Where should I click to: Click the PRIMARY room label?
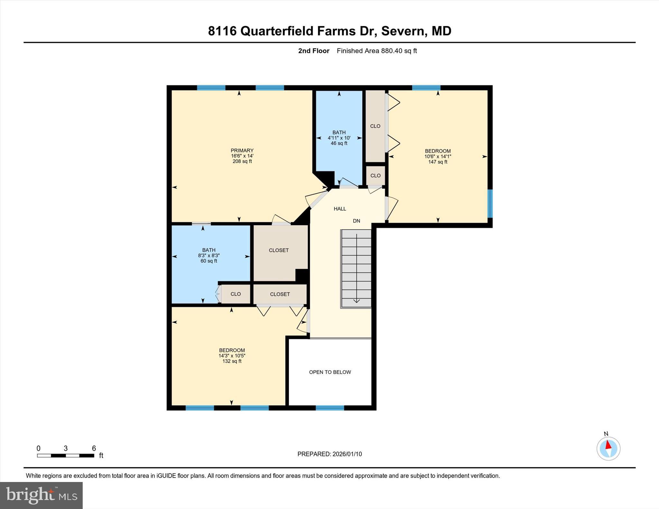click(x=242, y=150)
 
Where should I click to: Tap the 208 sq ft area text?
click(x=242, y=161)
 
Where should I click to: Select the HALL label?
click(x=340, y=209)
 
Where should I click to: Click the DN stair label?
click(x=356, y=221)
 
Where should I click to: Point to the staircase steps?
click(x=356, y=268)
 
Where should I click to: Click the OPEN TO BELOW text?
click(x=330, y=372)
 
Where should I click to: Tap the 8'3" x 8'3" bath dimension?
click(x=209, y=256)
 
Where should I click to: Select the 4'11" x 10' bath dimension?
click(x=339, y=138)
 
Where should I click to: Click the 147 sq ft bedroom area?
click(x=438, y=162)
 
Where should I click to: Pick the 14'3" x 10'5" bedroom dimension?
click(x=232, y=356)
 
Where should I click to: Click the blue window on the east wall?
click(x=490, y=204)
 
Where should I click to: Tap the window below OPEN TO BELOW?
click(x=330, y=408)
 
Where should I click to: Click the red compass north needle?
click(x=608, y=445)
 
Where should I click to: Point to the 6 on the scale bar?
click(x=94, y=448)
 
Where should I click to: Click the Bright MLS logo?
click(x=41, y=495)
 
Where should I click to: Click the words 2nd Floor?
click(x=314, y=51)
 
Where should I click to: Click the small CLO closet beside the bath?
click(x=236, y=294)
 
